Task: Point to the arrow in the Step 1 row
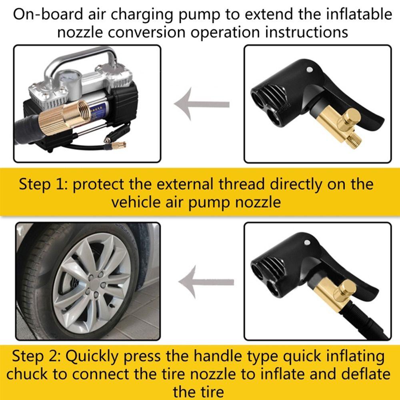202,104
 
